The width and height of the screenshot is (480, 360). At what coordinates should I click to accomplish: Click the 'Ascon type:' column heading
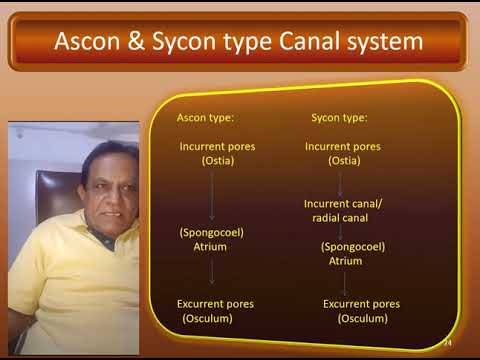pos(205,117)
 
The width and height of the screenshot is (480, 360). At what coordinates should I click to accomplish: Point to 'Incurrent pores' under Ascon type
pos(217,146)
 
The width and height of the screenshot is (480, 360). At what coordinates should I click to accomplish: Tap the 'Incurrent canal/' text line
pos(343,203)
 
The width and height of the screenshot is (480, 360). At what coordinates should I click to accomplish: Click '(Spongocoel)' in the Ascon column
pos(211,232)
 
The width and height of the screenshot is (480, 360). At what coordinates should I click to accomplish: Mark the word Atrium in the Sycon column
pos(346,260)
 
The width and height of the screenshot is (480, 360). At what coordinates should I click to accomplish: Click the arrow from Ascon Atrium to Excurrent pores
pos(212,272)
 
